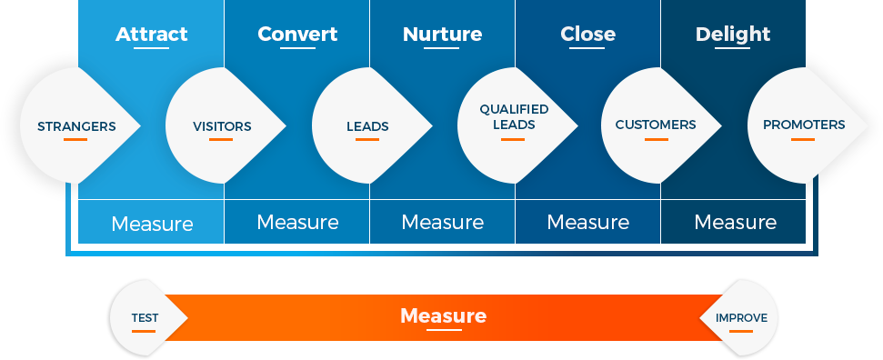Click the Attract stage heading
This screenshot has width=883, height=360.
coord(151,35)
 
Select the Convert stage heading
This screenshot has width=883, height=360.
coord(297,35)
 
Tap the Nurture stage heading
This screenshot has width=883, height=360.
coord(442,35)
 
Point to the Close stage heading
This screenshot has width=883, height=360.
coord(587,35)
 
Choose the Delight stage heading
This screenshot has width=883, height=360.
coord(732,35)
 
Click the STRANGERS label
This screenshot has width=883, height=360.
coord(76,126)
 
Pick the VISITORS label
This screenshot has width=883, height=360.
coord(222,126)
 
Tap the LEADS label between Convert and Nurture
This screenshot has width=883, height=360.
coord(367,126)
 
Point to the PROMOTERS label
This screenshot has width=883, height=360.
coord(803,125)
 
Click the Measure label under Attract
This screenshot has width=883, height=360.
coord(152,224)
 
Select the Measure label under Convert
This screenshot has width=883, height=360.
coord(297,223)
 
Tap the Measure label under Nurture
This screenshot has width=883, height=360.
coord(442,223)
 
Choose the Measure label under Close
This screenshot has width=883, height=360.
coord(587,223)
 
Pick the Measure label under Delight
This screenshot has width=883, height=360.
coord(735,223)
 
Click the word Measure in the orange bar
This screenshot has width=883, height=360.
coord(443,316)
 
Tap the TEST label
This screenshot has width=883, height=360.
coord(145,318)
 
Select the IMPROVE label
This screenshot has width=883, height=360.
coord(741,318)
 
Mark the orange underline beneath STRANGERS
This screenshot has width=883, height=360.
coord(75,140)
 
